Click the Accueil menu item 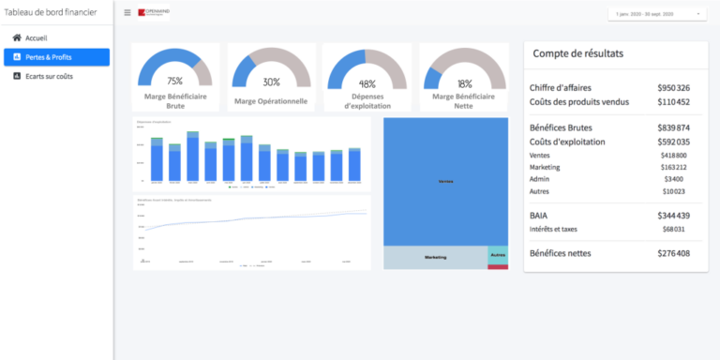click(x=36, y=37)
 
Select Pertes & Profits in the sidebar click(x=49, y=57)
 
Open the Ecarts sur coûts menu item click(x=49, y=76)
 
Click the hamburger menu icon click(x=127, y=13)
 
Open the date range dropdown click(x=656, y=14)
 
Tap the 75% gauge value click(x=174, y=82)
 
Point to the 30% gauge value click(x=271, y=82)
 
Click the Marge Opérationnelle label click(x=271, y=101)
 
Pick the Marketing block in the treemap click(x=435, y=256)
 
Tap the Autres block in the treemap click(x=497, y=254)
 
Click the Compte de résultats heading click(x=577, y=53)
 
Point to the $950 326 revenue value click(x=673, y=87)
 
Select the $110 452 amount click(x=673, y=101)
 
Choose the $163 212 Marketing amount click(x=672, y=167)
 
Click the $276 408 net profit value click(x=673, y=253)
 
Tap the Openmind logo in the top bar click(x=154, y=13)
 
